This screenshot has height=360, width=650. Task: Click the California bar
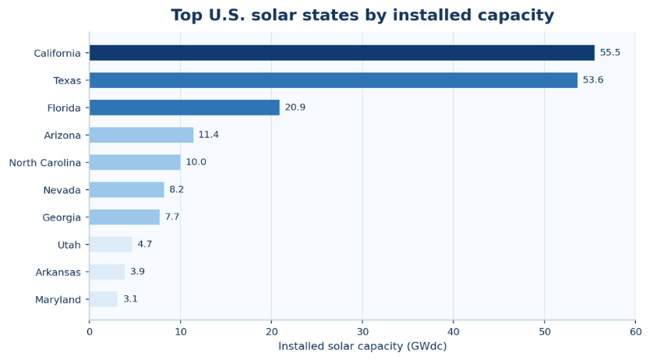point(342,53)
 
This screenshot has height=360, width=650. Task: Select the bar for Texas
point(334,80)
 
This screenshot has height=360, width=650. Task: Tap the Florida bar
point(185,108)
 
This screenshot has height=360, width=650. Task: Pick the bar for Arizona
point(141,135)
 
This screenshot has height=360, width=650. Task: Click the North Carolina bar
point(135,162)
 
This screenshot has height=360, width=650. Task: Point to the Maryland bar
point(104,299)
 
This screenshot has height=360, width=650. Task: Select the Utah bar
point(111,245)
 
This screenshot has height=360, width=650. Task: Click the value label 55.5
point(609,53)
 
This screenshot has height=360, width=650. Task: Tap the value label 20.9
point(295,108)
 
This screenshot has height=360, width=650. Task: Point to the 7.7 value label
point(172,217)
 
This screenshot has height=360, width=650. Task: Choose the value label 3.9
point(138,271)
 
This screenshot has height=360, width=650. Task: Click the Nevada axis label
point(62,190)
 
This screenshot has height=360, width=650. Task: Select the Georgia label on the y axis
point(62,218)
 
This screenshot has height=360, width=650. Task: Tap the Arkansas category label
point(58,272)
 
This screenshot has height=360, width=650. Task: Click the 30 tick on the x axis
point(362,332)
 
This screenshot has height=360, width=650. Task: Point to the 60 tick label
point(635,332)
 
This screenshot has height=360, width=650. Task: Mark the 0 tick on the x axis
point(90,332)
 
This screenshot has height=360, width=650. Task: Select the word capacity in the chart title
point(516,16)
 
